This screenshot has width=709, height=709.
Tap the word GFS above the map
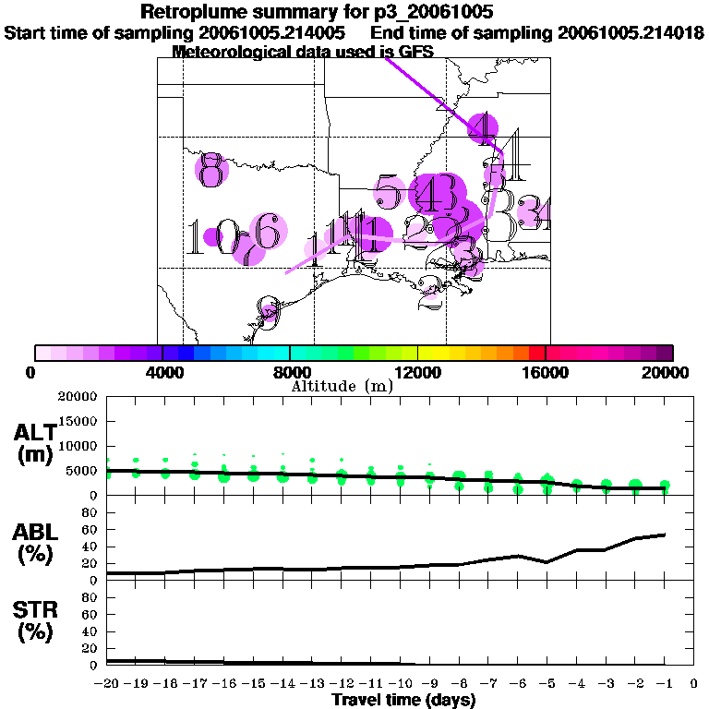(415, 52)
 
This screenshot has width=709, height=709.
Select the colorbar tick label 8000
(290, 373)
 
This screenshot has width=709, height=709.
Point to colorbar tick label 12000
(418, 373)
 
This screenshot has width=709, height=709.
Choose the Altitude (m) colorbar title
(342, 386)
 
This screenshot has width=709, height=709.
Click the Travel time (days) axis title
(403, 701)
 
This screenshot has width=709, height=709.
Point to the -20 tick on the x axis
(107, 684)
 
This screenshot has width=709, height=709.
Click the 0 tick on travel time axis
(694, 684)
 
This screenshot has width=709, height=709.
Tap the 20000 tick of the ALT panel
(78, 397)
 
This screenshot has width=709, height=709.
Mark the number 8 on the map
(212, 170)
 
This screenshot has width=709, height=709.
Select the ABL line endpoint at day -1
(665, 535)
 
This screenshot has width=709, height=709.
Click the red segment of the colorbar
(536, 353)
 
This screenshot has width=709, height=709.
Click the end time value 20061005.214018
(631, 32)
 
